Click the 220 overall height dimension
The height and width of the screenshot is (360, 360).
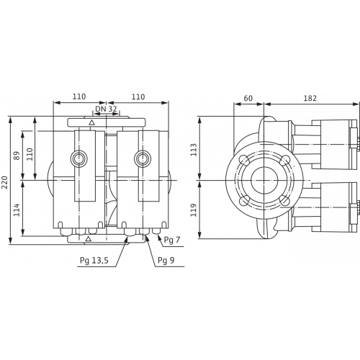tap(5, 182)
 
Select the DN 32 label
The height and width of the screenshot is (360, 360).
tap(106, 109)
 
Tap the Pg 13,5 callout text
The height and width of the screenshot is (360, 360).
tap(94, 260)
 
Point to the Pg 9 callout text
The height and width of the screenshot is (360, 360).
tap(166, 260)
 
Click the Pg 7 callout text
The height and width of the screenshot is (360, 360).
tap(172, 240)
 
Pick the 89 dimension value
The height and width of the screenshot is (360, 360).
tap(17, 156)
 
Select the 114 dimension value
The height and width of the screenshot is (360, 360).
tap(17, 210)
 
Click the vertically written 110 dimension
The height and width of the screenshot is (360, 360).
tap(29, 154)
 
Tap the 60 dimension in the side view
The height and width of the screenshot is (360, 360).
tap(248, 98)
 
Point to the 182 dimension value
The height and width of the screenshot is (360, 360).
tap(310, 98)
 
